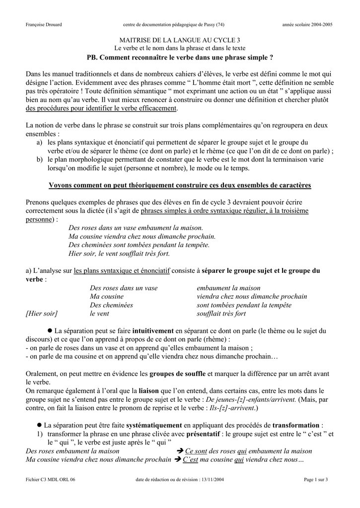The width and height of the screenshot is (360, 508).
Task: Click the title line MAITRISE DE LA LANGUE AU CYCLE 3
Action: tap(180, 40)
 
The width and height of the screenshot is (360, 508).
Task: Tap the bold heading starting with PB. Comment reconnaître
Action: tap(180, 58)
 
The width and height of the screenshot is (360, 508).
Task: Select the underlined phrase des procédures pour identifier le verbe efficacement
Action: tap(101, 108)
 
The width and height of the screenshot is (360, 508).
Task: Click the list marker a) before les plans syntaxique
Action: tap(39, 142)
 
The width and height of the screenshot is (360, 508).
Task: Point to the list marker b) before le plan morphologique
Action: tap(39, 160)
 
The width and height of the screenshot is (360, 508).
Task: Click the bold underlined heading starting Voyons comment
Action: tap(180, 186)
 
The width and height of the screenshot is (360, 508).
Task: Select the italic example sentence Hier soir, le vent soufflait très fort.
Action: tap(119, 254)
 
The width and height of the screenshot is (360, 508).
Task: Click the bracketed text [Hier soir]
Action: tap(42, 314)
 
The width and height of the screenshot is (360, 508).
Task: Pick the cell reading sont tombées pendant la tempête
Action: tap(244, 305)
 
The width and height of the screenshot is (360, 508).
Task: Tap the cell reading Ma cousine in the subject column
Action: tap(107, 297)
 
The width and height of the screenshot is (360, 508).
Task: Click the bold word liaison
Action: tap(148, 391)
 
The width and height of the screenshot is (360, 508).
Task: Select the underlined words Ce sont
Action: tap(196, 451)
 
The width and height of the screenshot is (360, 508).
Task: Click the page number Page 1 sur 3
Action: tap(316, 479)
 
